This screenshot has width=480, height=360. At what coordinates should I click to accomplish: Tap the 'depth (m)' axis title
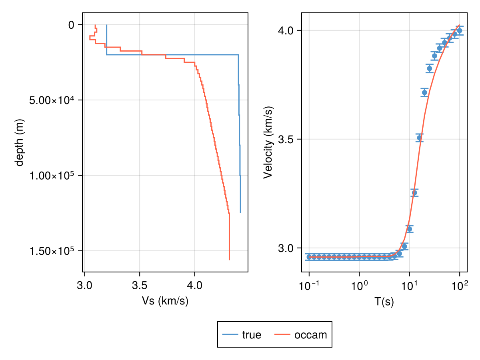coord(19,142)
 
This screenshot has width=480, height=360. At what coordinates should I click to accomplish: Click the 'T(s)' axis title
coord(384,302)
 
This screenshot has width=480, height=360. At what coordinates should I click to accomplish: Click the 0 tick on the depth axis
coord(71,25)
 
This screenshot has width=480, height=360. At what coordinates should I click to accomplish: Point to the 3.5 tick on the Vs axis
coord(140,286)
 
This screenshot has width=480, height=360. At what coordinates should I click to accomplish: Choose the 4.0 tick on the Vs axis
coord(195,286)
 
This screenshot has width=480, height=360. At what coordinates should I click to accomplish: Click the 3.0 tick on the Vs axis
coord(84,286)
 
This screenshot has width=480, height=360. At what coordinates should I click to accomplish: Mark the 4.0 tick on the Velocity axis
coord(286,30)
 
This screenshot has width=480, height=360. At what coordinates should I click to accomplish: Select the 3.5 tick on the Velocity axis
coord(286,139)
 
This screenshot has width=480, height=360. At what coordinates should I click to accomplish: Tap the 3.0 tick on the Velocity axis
coord(286,248)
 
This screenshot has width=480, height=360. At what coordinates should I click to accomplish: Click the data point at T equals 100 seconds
coord(460,30)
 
